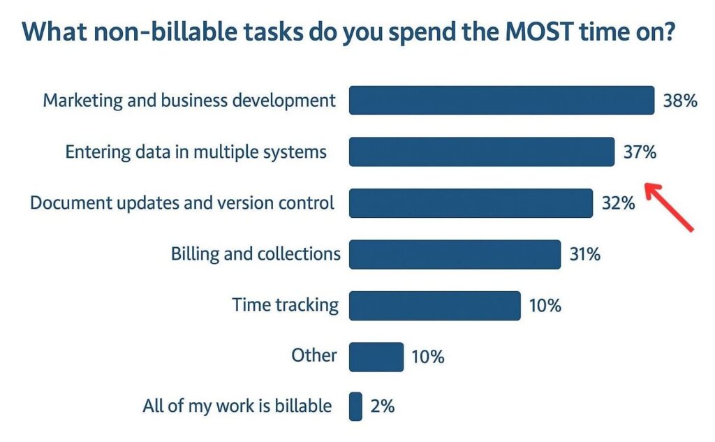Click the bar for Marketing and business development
click(x=501, y=101)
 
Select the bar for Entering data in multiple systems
click(x=482, y=152)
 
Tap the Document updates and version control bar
click(x=471, y=203)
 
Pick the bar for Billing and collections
click(x=455, y=255)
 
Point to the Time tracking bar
click(x=435, y=306)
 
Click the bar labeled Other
click(x=376, y=357)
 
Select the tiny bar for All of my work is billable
click(x=355, y=406)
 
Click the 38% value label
click(x=680, y=101)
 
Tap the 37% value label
click(x=640, y=152)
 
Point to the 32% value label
click(x=619, y=203)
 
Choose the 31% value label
click(x=585, y=254)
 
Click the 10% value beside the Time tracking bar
click(x=545, y=306)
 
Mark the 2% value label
click(x=383, y=406)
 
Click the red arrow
click(x=670, y=206)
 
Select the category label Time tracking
click(x=286, y=305)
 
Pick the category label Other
click(x=314, y=355)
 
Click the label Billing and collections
click(x=256, y=254)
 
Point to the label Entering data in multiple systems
click(x=196, y=152)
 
